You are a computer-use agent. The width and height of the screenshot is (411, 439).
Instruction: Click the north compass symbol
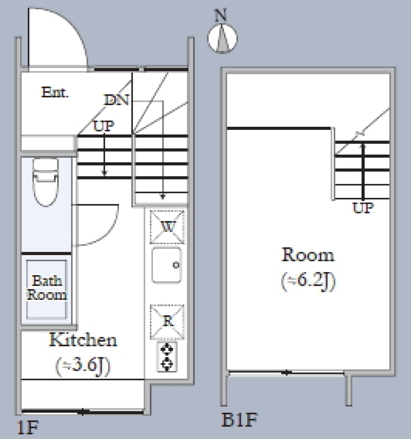point(223,39)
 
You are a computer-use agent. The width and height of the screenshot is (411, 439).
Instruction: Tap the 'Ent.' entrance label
point(55,92)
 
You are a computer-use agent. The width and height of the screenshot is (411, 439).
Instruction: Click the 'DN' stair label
point(117,100)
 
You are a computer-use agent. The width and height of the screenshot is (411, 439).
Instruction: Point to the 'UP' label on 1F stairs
point(104,126)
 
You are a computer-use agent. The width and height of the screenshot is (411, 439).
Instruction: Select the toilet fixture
point(46,182)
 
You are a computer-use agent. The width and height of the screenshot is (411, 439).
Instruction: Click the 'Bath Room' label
point(47,287)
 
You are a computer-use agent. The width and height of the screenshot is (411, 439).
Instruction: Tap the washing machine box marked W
point(167,227)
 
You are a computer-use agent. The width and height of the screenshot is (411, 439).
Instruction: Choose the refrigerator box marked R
point(167,322)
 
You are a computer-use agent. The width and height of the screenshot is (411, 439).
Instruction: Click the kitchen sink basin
point(167,265)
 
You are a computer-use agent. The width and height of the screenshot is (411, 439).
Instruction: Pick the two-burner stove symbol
point(167,357)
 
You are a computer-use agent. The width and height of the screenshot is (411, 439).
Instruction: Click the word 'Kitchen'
point(83,340)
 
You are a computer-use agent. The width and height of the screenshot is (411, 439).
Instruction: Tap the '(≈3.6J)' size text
point(83,366)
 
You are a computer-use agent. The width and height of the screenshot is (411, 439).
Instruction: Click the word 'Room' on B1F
point(308,255)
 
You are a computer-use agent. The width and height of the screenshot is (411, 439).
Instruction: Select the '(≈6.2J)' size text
point(308,281)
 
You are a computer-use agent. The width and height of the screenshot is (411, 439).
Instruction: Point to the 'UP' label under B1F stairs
point(363,208)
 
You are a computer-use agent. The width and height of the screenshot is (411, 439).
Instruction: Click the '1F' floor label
point(27,427)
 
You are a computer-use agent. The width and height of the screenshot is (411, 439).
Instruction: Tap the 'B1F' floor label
point(239,420)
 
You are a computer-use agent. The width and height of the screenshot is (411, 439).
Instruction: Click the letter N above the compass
point(221,15)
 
